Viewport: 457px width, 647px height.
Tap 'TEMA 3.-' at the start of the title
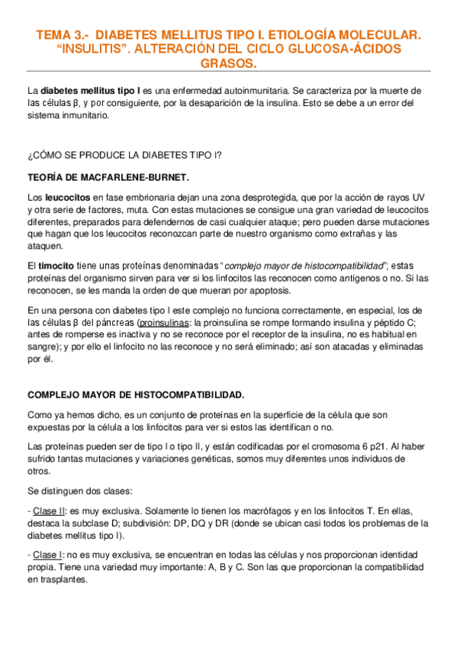tap(58, 34)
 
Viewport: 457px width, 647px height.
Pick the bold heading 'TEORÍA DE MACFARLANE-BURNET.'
tap(108, 177)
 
